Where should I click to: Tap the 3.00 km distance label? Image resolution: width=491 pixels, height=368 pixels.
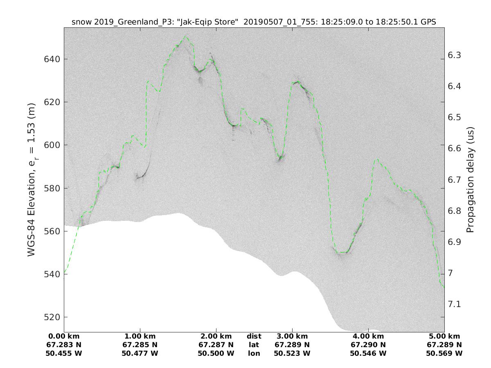tap(292, 337)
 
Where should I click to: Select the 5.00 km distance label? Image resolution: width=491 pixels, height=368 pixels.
tap(444, 337)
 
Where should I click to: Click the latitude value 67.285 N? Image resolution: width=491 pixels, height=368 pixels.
tap(140, 345)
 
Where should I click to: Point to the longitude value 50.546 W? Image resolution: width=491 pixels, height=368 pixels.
tap(368, 353)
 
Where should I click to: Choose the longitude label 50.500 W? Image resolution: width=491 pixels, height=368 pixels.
tap(216, 353)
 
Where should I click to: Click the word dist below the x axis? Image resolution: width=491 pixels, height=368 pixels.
tap(254, 337)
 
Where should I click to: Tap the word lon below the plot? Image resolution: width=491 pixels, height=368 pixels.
tap(254, 353)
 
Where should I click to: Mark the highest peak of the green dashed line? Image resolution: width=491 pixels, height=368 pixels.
tap(185, 36)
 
